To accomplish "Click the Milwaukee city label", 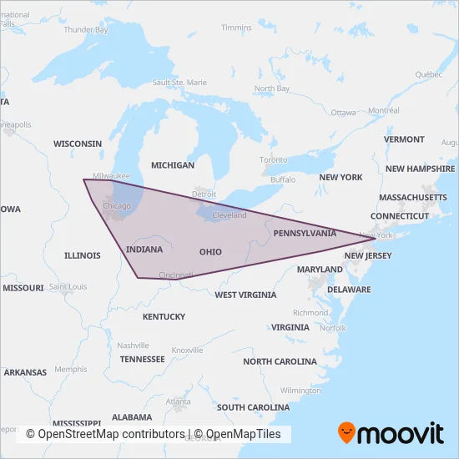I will (111, 176).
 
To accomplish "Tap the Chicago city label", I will (116, 205).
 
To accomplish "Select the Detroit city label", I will (204, 194).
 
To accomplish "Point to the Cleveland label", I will (229, 215).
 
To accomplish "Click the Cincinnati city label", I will (176, 275).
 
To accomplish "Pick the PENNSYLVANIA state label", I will (305, 234).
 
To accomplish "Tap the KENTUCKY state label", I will (164, 316).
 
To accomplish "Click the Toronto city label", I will (273, 159).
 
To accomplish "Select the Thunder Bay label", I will (86, 29).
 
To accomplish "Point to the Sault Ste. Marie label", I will (179, 83).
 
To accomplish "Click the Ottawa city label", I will (343, 112).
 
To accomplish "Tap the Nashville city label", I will (133, 346).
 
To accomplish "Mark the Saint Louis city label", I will (68, 287).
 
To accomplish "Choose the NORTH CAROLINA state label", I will (280, 361).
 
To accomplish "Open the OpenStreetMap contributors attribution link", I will (105, 434).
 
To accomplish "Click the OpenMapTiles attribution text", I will (243, 434).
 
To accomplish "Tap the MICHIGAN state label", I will (173, 165).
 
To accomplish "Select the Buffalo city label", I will (283, 179).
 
